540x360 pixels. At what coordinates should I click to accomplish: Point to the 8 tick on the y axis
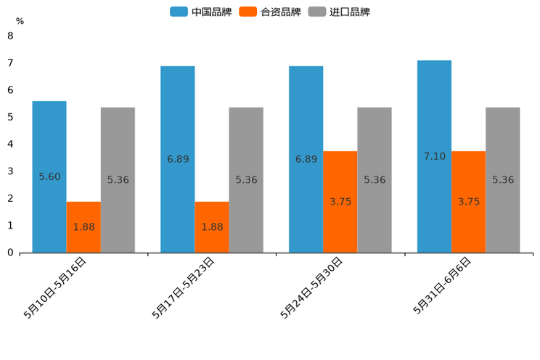[x=10, y=36]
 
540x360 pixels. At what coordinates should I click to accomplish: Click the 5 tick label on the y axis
[x=10, y=117]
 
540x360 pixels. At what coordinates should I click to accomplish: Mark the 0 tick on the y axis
[x=10, y=253]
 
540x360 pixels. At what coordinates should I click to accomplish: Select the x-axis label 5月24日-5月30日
[x=312, y=287]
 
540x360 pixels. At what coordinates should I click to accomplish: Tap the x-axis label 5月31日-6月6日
[x=443, y=285]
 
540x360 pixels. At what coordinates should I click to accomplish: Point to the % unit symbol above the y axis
[x=20, y=21]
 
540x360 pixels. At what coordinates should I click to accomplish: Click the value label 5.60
[x=49, y=176]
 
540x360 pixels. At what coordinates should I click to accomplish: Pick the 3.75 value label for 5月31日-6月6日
[x=469, y=202]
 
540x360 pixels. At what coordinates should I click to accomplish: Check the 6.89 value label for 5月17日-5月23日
[x=178, y=159]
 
